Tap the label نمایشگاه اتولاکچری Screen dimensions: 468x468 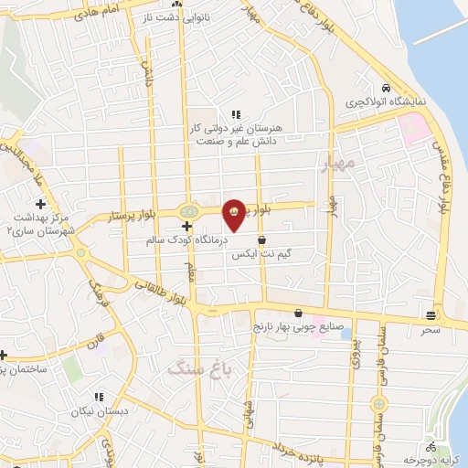388,104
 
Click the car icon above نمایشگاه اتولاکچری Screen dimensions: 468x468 388,89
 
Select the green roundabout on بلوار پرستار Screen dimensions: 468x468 188,210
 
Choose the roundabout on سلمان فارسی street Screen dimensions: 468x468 376,403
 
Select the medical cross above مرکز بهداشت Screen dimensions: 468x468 39,204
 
